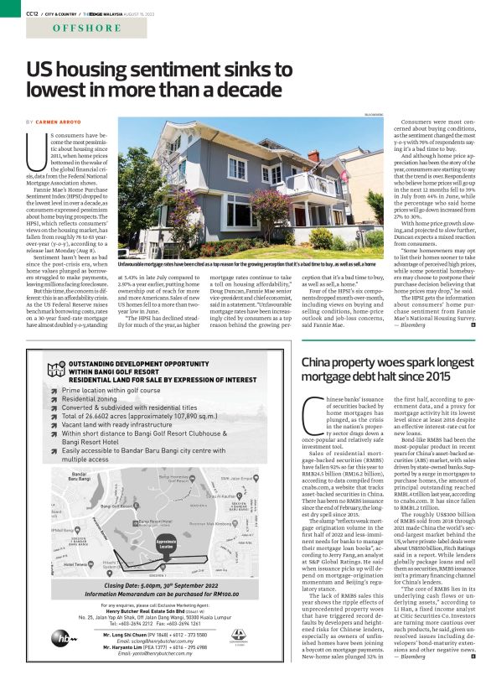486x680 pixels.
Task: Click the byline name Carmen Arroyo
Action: [x=72, y=122]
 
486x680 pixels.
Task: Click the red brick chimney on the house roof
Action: [x=313, y=156]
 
